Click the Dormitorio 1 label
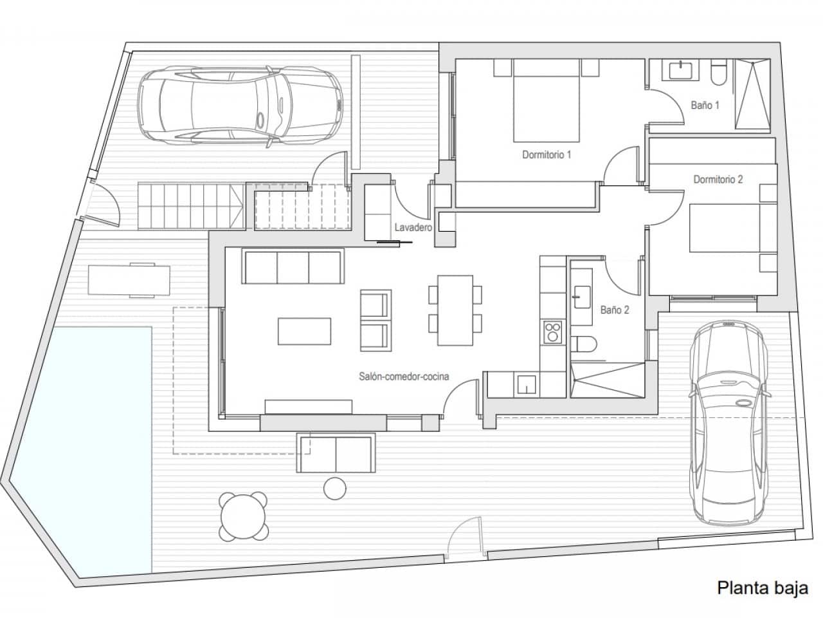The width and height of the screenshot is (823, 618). tap(547, 154)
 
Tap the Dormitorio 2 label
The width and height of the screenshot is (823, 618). tap(718, 180)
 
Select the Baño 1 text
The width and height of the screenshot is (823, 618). tap(705, 105)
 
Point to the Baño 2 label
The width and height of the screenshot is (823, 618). tap(614, 310)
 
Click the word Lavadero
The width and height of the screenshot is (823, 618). tap(412, 228)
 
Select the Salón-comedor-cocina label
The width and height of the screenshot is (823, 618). tap(404, 377)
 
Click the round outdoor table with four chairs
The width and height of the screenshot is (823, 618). tap(244, 516)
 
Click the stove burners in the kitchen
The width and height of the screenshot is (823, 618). tap(552, 332)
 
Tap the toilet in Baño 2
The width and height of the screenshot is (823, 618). tap(582, 344)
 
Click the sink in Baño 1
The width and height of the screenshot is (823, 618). tap(680, 69)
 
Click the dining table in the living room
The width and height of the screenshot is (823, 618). tap(455, 310)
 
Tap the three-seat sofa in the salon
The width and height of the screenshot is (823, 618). tap(293, 267)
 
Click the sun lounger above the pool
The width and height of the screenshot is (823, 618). tap(130, 279)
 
